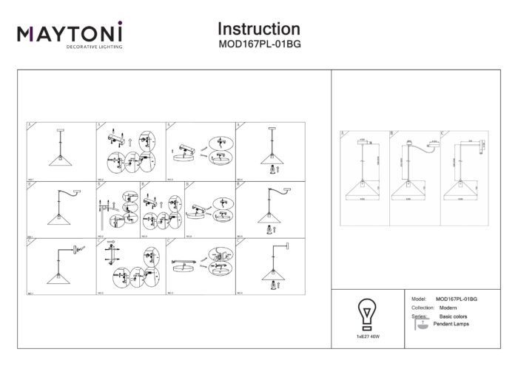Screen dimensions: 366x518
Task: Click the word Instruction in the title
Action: click(258, 29)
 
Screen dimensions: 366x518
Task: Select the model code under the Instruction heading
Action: click(258, 44)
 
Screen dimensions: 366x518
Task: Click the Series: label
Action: click(418, 316)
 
